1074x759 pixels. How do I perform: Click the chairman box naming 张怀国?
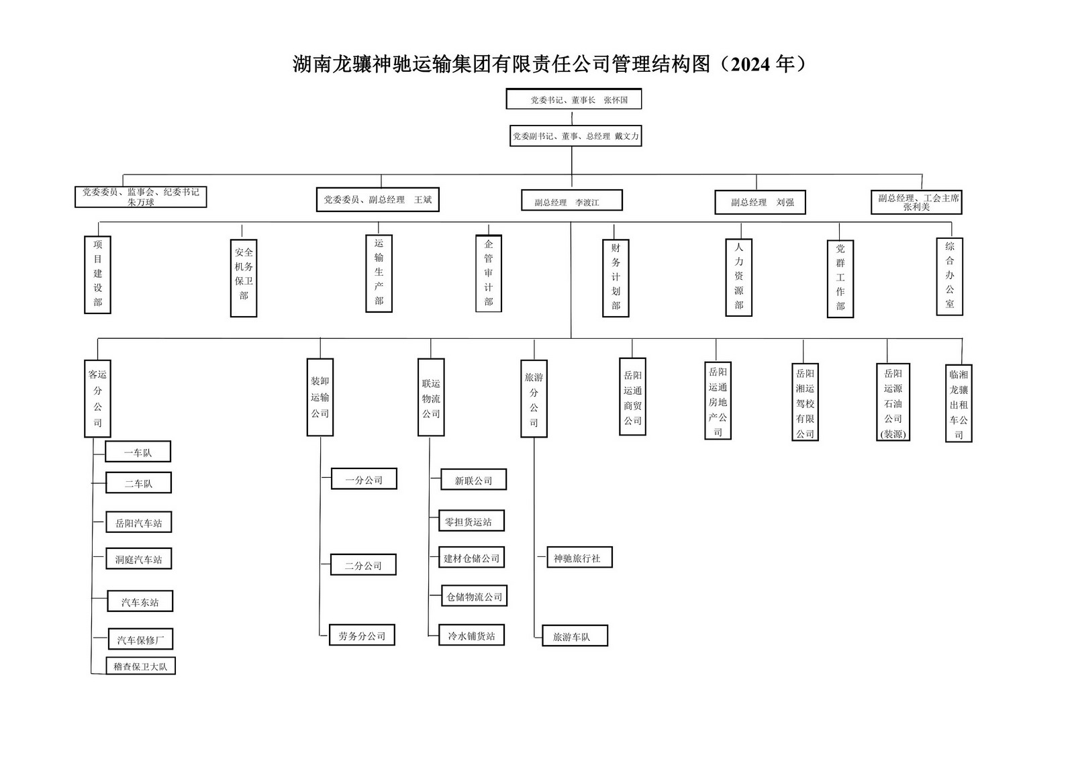(574, 100)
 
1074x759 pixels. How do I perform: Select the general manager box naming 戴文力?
(575, 136)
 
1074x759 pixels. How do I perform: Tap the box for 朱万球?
(140, 197)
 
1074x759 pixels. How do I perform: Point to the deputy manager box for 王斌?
(377, 199)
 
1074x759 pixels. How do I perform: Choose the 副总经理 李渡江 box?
(571, 201)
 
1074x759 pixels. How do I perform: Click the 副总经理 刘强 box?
(760, 202)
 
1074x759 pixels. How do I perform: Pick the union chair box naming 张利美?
(916, 202)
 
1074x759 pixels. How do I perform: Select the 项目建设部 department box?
(98, 274)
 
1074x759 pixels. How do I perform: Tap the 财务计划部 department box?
(616, 278)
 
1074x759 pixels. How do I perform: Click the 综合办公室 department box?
(949, 276)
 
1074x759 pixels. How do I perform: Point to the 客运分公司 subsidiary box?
(97, 399)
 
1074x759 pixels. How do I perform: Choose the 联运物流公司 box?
(431, 397)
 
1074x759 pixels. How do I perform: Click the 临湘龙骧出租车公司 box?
(959, 403)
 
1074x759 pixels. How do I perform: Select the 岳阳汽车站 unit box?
(138, 523)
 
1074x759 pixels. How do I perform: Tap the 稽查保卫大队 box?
(140, 666)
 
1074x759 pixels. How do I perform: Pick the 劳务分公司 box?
(362, 635)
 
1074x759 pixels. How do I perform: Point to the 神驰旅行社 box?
(577, 558)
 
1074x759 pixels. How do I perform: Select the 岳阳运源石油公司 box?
(893, 403)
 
